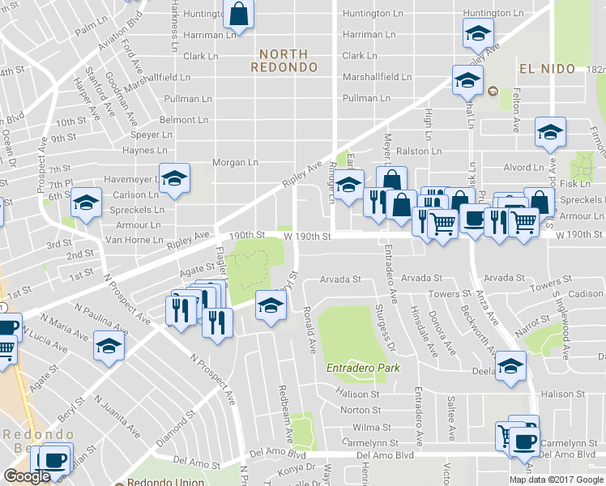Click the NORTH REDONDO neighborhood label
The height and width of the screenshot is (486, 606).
click(278, 61)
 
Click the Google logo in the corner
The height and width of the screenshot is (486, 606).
click(28, 476)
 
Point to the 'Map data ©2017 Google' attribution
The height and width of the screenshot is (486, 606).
click(557, 480)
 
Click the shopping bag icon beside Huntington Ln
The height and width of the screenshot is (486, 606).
click(238, 13)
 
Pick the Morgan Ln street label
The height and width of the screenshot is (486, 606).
click(235, 163)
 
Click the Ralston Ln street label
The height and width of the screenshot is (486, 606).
click(419, 151)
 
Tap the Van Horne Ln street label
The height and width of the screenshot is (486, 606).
click(134, 241)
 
